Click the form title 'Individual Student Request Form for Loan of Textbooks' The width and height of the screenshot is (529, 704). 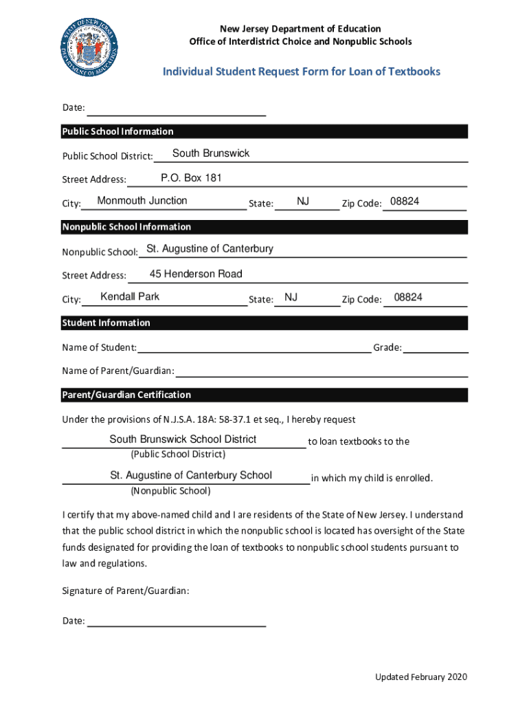click(x=302, y=71)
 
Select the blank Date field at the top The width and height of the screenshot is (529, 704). click(x=177, y=109)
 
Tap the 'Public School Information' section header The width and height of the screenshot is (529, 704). click(x=118, y=131)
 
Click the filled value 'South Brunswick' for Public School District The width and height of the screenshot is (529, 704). click(x=211, y=153)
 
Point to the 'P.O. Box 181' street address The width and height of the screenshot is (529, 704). click(x=191, y=178)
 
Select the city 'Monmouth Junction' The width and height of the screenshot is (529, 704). click(x=142, y=201)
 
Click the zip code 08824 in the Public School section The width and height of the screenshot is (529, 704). click(x=405, y=201)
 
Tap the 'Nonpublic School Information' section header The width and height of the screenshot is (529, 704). click(x=127, y=227)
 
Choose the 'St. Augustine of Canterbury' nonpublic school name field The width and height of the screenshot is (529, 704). click(x=210, y=248)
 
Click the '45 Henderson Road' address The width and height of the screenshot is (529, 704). click(x=196, y=274)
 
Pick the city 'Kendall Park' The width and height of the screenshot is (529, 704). click(x=130, y=296)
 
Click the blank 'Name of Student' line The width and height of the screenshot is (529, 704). click(x=254, y=347)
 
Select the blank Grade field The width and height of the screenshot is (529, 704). click(x=436, y=348)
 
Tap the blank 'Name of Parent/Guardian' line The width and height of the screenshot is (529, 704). click(x=322, y=371)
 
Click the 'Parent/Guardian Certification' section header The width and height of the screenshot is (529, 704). click(x=126, y=395)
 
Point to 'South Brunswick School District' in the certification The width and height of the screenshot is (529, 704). click(x=183, y=439)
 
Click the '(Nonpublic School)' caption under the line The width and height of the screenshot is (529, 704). click(x=170, y=491)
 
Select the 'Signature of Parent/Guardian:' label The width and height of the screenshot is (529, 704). click(x=126, y=591)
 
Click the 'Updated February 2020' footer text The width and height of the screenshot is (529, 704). click(x=420, y=677)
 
